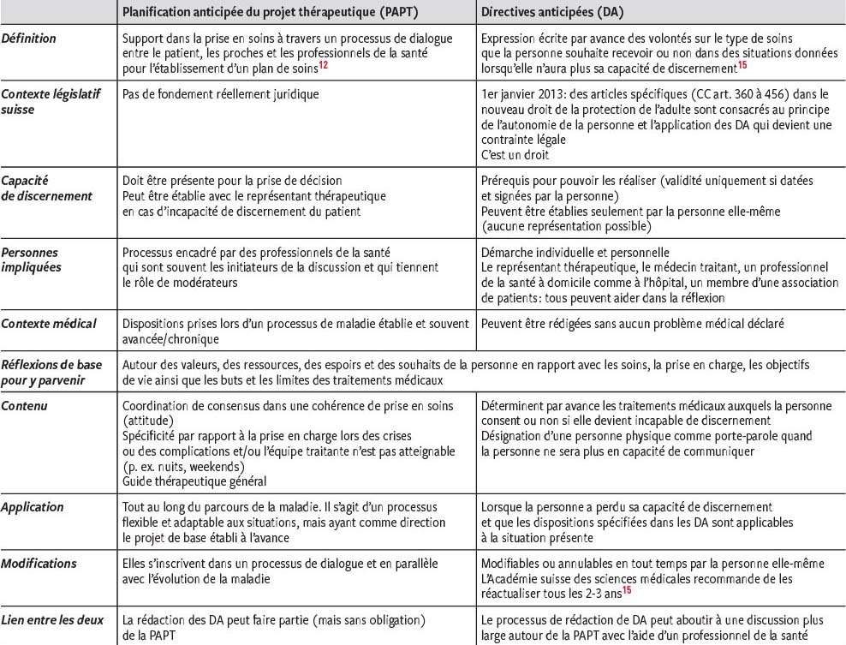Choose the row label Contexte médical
[48, 323]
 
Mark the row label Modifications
[39, 563]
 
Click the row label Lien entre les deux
[52, 619]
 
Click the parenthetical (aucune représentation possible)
[567, 226]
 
